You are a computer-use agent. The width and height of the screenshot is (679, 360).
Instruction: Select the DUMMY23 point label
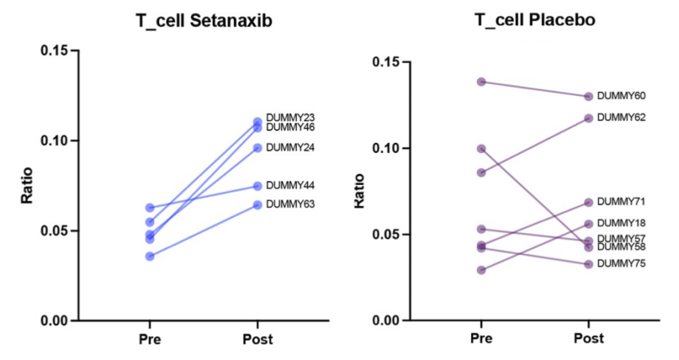[290, 117]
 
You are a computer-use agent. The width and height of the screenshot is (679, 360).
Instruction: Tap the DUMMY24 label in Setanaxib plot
[290, 148]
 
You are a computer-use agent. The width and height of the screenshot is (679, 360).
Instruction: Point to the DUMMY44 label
[290, 185]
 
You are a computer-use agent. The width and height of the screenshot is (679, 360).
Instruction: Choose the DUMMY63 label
[290, 204]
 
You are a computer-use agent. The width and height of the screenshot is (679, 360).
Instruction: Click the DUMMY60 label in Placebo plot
[621, 96]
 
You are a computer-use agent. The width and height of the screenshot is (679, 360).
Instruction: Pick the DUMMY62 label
[621, 118]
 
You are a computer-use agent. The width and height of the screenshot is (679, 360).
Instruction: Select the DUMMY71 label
[621, 202]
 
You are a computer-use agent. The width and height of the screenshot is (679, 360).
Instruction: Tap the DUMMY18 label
[621, 224]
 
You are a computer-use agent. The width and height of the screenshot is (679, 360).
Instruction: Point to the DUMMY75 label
[621, 264]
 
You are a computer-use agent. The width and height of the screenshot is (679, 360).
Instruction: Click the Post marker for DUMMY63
[257, 204]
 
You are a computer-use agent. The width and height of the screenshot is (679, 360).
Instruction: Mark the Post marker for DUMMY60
[588, 97]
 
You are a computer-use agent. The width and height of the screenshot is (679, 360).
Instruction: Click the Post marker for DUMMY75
[588, 264]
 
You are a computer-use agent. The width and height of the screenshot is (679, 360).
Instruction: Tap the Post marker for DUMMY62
[588, 119]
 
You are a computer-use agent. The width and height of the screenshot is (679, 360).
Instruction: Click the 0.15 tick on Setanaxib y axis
[53, 50]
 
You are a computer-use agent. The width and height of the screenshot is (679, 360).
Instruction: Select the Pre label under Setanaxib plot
[150, 340]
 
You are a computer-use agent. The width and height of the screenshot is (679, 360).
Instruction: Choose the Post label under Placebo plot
[588, 339]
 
